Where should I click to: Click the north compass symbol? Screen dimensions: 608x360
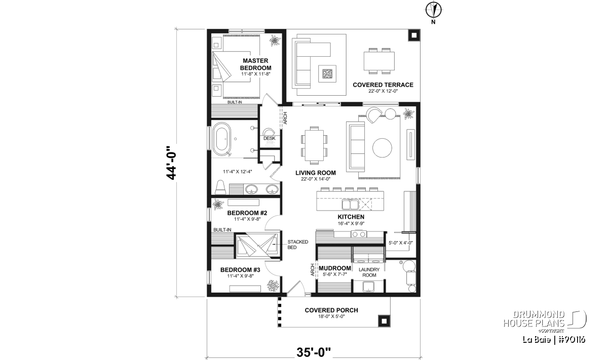(x=434, y=10)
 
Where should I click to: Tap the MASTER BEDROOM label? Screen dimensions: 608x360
(x=255, y=64)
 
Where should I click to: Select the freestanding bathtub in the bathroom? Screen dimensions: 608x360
(x=221, y=139)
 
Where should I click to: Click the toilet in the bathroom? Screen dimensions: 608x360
(x=220, y=187)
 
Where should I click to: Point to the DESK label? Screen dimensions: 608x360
(x=269, y=138)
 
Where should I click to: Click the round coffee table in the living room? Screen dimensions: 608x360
(x=382, y=148)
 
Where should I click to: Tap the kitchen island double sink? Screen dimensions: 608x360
(x=350, y=205)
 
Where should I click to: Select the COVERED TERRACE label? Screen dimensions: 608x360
(x=383, y=85)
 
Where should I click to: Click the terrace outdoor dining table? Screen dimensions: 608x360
(x=379, y=61)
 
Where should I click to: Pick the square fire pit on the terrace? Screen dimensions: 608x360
(x=327, y=73)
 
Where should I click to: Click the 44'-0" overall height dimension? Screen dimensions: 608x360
(x=172, y=163)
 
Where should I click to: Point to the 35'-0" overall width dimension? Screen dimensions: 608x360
(x=314, y=352)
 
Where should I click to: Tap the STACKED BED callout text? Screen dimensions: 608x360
(x=298, y=245)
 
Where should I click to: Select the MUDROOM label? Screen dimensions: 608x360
(x=335, y=268)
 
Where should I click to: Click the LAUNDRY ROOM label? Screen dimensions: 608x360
(x=369, y=272)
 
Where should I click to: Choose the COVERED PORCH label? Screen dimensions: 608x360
(x=331, y=310)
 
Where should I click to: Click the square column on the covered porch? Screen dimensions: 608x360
(x=384, y=321)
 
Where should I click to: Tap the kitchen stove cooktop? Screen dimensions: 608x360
(x=359, y=233)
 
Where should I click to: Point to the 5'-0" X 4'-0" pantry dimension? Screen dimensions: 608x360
(x=400, y=243)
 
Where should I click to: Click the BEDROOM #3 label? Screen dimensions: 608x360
(x=240, y=270)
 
